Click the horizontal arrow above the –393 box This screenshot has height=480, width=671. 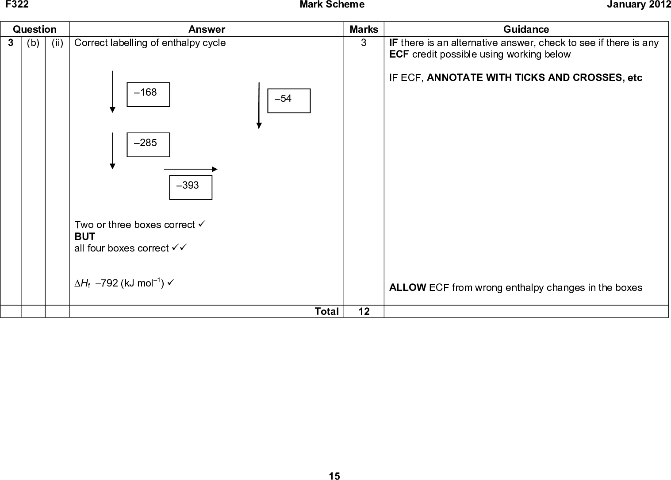coord(191,169)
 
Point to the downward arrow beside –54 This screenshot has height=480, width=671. coord(259,105)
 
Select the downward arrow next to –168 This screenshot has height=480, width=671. coord(112,92)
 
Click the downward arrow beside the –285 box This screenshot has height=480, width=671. coord(112,151)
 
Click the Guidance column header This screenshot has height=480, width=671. coord(526,29)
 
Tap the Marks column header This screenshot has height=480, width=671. coord(364,29)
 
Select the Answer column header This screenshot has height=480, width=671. coord(207,29)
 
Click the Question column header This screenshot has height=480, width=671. coord(35,29)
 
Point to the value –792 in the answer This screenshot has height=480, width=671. coord(107,283)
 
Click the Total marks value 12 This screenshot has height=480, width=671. coord(364,311)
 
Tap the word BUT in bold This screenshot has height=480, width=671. coord(85,236)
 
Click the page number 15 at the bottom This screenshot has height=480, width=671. coord(334,476)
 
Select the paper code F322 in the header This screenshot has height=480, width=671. coord(17,4)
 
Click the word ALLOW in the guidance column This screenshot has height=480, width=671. coord(407,287)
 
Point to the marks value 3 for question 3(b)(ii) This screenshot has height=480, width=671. coord(364,43)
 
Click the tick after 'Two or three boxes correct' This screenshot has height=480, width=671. coord(202,224)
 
